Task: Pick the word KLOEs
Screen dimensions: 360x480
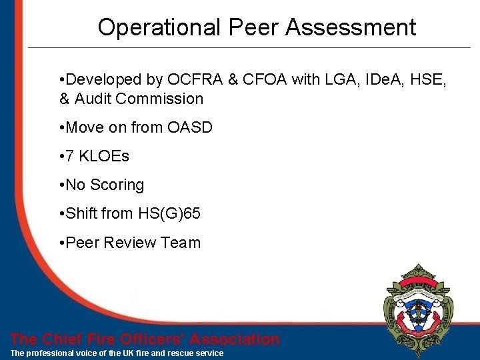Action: pyautogui.click(x=105, y=156)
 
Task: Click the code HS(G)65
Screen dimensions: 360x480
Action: pyautogui.click(x=169, y=213)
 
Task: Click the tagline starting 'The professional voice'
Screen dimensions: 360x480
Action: pyautogui.click(x=117, y=353)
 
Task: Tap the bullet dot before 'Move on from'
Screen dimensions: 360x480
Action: pyautogui.click(x=61, y=127)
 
